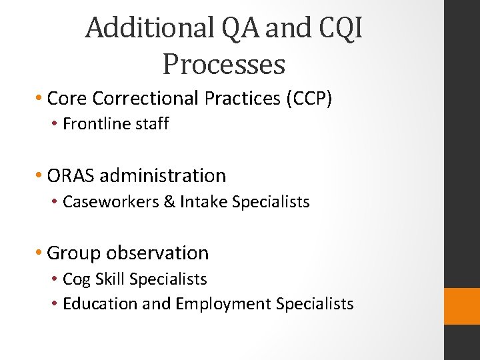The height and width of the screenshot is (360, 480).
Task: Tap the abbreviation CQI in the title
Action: click(345, 28)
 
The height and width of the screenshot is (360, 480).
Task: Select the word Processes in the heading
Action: click(223, 65)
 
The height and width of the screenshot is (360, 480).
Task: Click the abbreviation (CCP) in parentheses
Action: click(308, 99)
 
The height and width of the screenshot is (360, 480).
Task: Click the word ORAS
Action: click(71, 176)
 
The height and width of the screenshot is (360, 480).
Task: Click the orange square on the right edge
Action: click(462, 306)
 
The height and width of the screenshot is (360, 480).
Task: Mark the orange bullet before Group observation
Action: click(41, 253)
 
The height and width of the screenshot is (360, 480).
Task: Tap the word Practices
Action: click(243, 99)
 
